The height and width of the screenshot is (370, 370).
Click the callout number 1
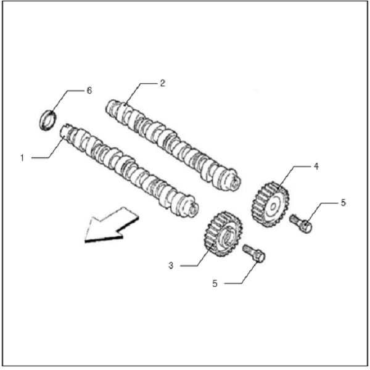[22, 158]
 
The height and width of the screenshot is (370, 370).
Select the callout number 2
[162, 83]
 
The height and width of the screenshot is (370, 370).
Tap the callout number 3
[171, 265]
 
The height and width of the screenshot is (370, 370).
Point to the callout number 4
[316, 166]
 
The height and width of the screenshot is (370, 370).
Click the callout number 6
[89, 91]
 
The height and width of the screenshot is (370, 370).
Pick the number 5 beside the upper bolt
[343, 203]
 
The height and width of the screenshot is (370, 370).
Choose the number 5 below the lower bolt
[215, 284]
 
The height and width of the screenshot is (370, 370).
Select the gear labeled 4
[269, 204]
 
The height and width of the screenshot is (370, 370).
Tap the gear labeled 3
[223, 234]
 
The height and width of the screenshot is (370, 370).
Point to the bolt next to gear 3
[254, 252]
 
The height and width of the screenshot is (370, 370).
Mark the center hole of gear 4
[273, 207]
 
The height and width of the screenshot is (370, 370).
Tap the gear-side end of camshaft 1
[193, 208]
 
